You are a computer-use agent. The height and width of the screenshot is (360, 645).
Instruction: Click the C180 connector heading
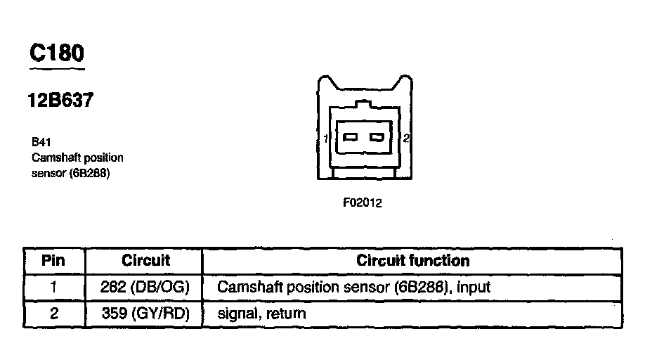(x=57, y=53)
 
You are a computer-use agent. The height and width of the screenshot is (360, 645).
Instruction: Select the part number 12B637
(x=60, y=101)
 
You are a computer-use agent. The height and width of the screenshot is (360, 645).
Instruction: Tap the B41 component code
(x=41, y=141)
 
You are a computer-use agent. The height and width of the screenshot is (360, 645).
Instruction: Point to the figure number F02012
(x=362, y=203)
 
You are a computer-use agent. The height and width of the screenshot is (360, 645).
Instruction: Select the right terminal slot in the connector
(x=377, y=137)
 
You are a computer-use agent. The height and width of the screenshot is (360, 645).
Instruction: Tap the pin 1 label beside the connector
(x=327, y=139)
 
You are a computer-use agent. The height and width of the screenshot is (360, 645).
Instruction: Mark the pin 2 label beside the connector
(x=406, y=139)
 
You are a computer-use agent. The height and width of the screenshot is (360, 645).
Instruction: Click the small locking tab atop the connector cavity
(x=363, y=105)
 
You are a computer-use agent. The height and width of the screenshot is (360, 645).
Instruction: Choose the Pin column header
(x=54, y=261)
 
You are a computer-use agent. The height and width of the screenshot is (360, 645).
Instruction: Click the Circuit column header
(x=146, y=261)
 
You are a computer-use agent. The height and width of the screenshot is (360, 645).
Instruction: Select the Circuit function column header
(x=412, y=261)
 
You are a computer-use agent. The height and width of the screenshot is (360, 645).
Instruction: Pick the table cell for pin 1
(x=54, y=288)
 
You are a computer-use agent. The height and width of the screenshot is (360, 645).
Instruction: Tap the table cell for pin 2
(x=54, y=314)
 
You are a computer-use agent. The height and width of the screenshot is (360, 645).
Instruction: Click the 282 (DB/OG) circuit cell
(x=146, y=288)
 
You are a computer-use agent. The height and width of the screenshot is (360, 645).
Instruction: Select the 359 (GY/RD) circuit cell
(x=146, y=314)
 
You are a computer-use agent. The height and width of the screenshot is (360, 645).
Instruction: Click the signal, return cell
(x=262, y=314)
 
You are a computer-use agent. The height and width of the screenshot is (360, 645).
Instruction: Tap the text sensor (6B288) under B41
(x=71, y=172)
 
